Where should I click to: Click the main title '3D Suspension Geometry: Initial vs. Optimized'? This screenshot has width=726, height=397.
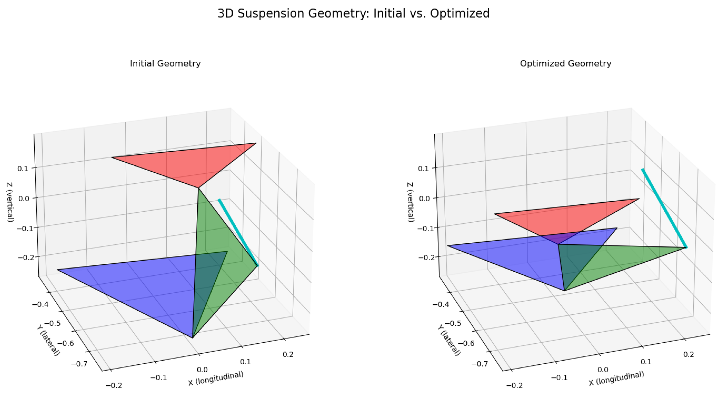coord(353,13)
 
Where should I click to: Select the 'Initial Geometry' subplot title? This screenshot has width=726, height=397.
coord(165,63)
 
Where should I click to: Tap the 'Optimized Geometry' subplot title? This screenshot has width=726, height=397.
coord(565,63)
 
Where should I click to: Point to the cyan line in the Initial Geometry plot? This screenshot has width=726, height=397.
coord(238,232)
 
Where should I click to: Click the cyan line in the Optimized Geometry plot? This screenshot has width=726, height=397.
coord(664,208)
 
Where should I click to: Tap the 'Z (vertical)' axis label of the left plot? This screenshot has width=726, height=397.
coord(10,202)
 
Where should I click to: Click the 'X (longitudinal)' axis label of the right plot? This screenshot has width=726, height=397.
coord(616,379)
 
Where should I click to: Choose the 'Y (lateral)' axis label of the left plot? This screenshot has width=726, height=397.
coord(48,340)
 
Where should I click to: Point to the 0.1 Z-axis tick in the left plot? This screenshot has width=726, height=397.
coord(23,169)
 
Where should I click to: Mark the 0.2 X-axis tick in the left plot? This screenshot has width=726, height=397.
coord(288,354)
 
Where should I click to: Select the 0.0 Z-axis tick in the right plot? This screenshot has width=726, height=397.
coord(424,198)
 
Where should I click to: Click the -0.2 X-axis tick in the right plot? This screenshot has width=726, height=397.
coord(514,385)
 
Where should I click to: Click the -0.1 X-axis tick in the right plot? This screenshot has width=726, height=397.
coord(559,378)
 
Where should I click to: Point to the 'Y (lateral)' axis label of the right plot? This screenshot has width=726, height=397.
coord(449,340)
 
